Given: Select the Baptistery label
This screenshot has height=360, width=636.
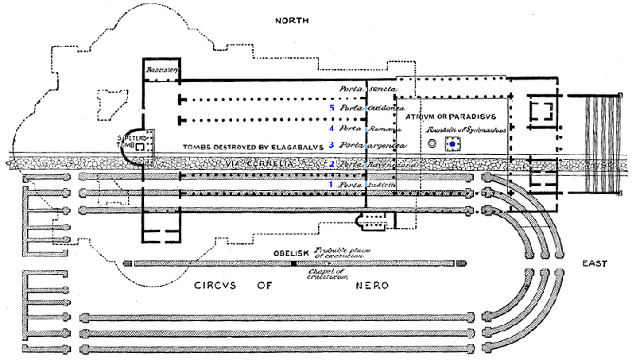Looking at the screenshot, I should point(161,71).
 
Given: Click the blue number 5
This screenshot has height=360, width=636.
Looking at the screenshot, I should point(332,107).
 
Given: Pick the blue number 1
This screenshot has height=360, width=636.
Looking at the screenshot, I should point(332,184).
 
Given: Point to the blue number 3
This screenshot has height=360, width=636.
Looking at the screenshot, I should point(332,145).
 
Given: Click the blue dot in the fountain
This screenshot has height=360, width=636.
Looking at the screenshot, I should point(454,144).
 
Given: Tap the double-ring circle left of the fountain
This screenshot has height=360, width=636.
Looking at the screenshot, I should point(432,144).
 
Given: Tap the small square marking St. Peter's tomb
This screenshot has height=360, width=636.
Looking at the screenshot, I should point(140,147).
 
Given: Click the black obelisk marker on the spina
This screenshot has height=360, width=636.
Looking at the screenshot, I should point(293,263).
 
